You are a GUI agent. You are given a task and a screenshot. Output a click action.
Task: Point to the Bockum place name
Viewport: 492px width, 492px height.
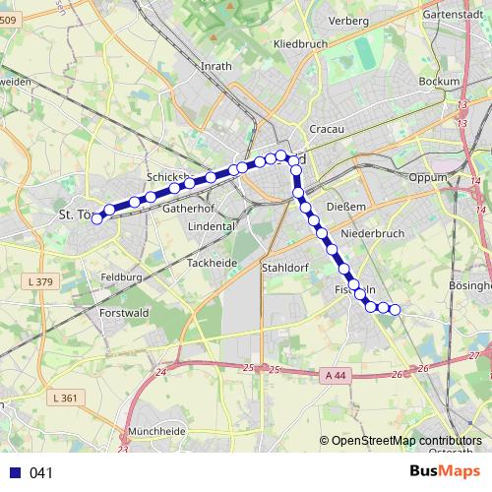point(439,81)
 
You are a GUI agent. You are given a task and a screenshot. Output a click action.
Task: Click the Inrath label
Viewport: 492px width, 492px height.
point(215,67)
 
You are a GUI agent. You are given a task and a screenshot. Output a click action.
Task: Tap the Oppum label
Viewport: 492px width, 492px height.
point(428,178)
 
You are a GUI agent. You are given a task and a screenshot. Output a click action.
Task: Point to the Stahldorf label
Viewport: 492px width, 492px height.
point(285,267)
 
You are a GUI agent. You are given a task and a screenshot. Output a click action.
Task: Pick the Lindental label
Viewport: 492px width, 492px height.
point(212,225)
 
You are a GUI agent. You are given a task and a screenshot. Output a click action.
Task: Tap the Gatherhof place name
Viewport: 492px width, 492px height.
point(188,209)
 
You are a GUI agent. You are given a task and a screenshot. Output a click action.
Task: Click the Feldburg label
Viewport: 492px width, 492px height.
point(121,278)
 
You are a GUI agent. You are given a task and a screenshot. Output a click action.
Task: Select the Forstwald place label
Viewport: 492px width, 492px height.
point(123,314)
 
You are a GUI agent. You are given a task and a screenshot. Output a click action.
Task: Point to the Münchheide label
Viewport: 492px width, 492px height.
point(156,431)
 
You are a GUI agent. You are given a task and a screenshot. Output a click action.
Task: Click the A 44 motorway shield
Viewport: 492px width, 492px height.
point(334,374)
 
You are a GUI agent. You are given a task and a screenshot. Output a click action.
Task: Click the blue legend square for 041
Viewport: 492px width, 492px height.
point(15,472)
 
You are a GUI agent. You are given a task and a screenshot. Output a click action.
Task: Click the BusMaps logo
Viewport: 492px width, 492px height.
point(445,471)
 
